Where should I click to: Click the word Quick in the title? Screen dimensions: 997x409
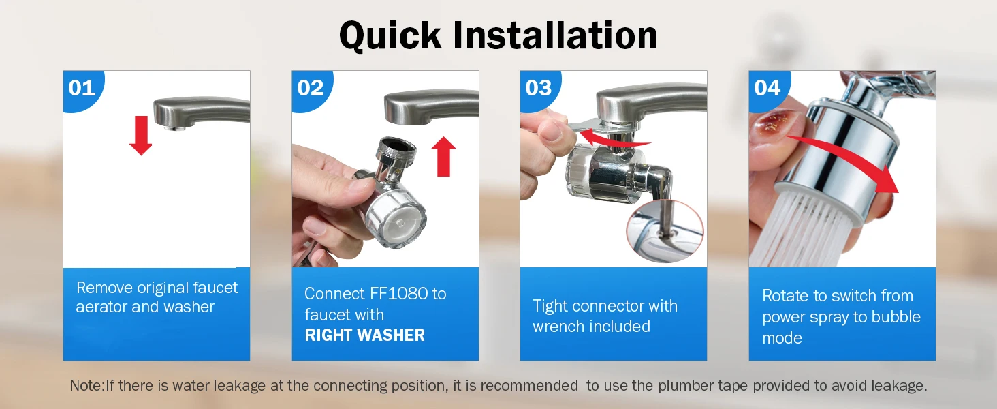(390, 35)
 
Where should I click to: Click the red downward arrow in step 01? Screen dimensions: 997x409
(141, 136)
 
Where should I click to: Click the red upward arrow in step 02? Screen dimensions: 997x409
(444, 156)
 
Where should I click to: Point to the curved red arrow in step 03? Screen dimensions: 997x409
(614, 138)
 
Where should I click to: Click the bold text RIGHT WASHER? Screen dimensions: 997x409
(364, 335)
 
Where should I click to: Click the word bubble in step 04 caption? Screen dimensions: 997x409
(896, 317)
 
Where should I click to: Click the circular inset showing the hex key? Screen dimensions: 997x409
(665, 231)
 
